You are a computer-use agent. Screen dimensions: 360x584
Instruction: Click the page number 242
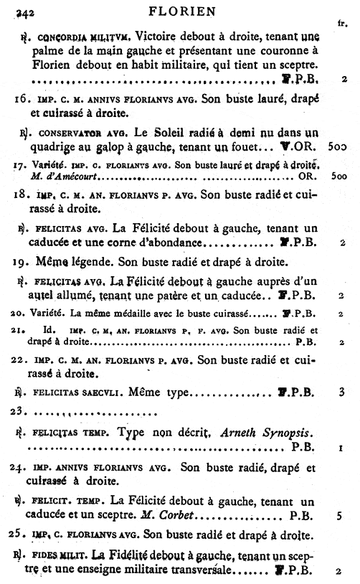pos(25,11)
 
